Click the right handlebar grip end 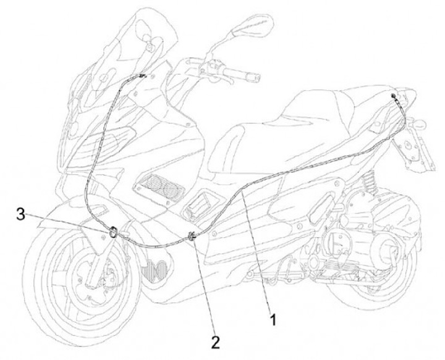(x=253, y=78)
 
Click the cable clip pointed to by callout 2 (x=192, y=235)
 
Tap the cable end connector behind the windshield (x=143, y=75)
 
